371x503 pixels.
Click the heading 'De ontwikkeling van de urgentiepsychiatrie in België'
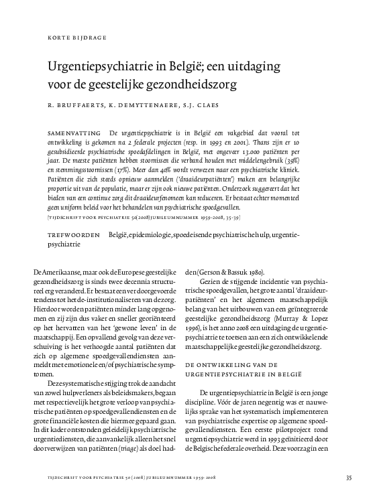pos(247,366)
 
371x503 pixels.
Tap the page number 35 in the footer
pos(348,478)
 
